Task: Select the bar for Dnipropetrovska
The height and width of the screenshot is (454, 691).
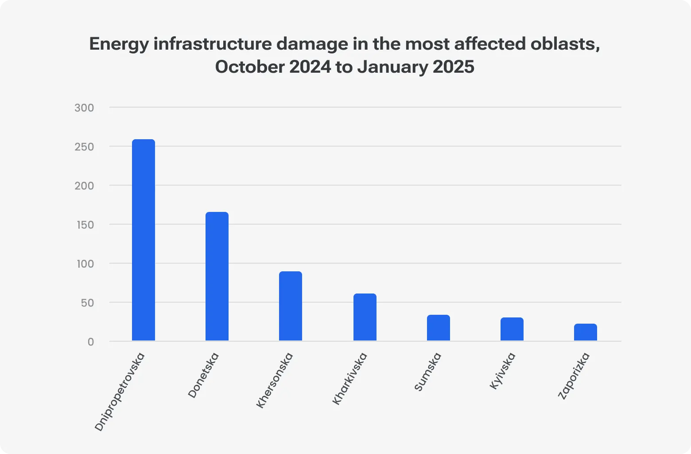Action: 144,240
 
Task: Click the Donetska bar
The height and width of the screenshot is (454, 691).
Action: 217,276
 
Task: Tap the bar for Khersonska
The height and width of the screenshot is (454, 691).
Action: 291,306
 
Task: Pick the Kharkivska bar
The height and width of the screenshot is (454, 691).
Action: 365,317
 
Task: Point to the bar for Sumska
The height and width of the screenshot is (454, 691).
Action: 439,328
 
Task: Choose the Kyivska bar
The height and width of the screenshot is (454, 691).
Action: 512,329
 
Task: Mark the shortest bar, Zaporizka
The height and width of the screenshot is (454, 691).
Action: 586,332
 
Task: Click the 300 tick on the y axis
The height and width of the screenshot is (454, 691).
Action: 84,108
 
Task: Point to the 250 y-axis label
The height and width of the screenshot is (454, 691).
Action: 84,147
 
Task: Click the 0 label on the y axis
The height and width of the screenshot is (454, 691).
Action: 90,342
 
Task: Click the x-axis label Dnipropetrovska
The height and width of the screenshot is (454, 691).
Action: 120,391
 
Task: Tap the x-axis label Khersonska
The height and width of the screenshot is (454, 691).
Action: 275,380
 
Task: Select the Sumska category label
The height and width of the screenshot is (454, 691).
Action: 428,372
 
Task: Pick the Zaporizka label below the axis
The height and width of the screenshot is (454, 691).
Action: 574,376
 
